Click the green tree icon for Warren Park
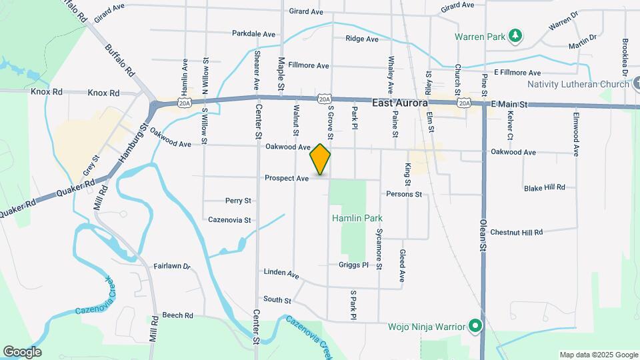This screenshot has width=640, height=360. pos(515,35)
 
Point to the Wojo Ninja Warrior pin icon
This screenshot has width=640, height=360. pos(475,327)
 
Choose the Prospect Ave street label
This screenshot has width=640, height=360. pos(287,178)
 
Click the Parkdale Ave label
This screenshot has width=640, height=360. pos(253,33)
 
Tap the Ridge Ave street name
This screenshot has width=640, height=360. pos(362,39)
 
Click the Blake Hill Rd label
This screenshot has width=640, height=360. pos(544,188)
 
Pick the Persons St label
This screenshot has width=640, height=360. pos(404,194)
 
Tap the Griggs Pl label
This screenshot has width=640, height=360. pos(353,265)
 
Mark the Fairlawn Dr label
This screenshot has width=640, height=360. pos(172,265)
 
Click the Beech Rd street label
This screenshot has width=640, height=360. pos(177,315)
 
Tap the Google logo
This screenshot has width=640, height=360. pos(22,352)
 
